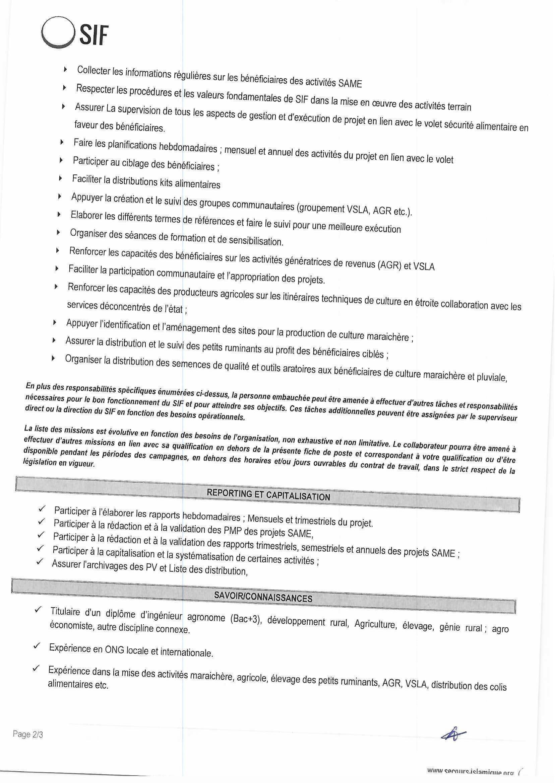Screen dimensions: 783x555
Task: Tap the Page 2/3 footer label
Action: (x=28, y=734)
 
